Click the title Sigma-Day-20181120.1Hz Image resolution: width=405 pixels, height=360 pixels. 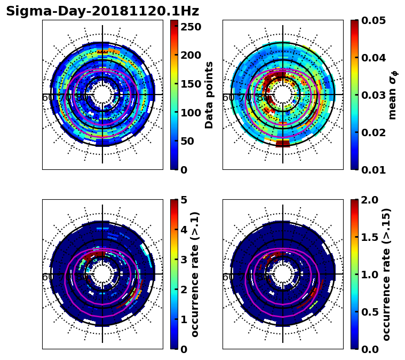coord(102,11)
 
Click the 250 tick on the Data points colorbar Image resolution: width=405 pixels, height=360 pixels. coord(190,26)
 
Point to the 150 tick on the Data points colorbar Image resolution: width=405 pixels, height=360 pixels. coord(190,84)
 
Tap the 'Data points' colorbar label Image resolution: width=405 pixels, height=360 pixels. coord(209,95)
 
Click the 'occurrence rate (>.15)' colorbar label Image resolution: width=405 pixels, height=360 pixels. coord(386,274)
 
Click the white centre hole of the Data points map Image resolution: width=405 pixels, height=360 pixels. coord(102,95)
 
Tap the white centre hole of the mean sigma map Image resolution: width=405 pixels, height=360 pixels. coord(283,95)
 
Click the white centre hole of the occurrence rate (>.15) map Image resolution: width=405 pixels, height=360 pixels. coord(283,274)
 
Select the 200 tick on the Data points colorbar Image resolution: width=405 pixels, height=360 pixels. coord(190,55)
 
